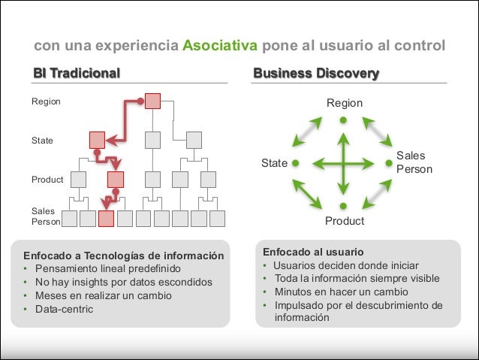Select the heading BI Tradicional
(77, 74)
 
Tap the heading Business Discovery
(316, 74)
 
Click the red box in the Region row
(152, 101)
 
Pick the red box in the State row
(97, 140)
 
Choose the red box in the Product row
(116, 180)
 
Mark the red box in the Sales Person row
(106, 219)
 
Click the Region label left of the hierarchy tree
(46, 101)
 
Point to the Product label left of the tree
(47, 180)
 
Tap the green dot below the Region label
(343, 119)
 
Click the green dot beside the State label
(296, 162)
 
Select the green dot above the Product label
(343, 205)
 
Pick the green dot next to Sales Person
(389, 162)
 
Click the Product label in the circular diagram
(344, 221)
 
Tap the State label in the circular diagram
(274, 162)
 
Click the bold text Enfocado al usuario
(313, 252)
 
